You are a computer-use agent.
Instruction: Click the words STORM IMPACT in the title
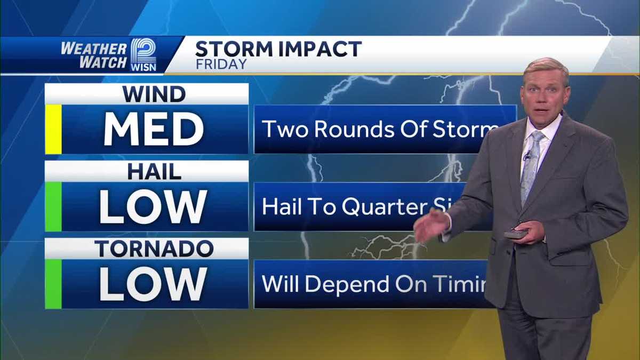[278, 49]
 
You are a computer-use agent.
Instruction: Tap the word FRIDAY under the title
[221, 65]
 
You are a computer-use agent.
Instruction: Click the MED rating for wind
[154, 130]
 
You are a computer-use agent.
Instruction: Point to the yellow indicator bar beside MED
[53, 130]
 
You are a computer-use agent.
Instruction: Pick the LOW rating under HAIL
[154, 207]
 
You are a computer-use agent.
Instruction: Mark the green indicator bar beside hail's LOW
[53, 207]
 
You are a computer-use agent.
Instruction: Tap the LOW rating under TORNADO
[154, 284]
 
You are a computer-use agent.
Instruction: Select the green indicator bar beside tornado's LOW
[53, 284]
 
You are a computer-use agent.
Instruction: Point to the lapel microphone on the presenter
[527, 156]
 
